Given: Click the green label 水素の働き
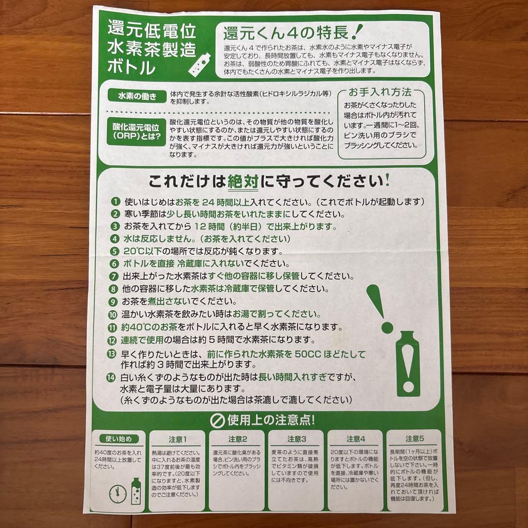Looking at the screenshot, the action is (137, 96).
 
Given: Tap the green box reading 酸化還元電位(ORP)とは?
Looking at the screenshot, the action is (136, 132).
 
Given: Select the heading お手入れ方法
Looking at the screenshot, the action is (380, 92).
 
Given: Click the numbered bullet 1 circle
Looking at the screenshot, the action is (115, 202).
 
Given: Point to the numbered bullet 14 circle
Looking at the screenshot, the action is (111, 377).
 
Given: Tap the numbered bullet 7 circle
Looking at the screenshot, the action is (114, 276).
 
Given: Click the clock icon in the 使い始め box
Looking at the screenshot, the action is (118, 494).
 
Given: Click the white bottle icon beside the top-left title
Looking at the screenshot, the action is (199, 64).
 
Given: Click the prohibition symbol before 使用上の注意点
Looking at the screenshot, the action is (217, 420).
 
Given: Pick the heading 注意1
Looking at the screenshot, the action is (177, 440).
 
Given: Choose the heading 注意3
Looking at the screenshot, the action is (297, 439).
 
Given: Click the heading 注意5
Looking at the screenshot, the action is (415, 439).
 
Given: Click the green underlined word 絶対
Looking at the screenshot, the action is (243, 182).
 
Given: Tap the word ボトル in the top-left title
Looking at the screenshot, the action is (132, 67).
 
